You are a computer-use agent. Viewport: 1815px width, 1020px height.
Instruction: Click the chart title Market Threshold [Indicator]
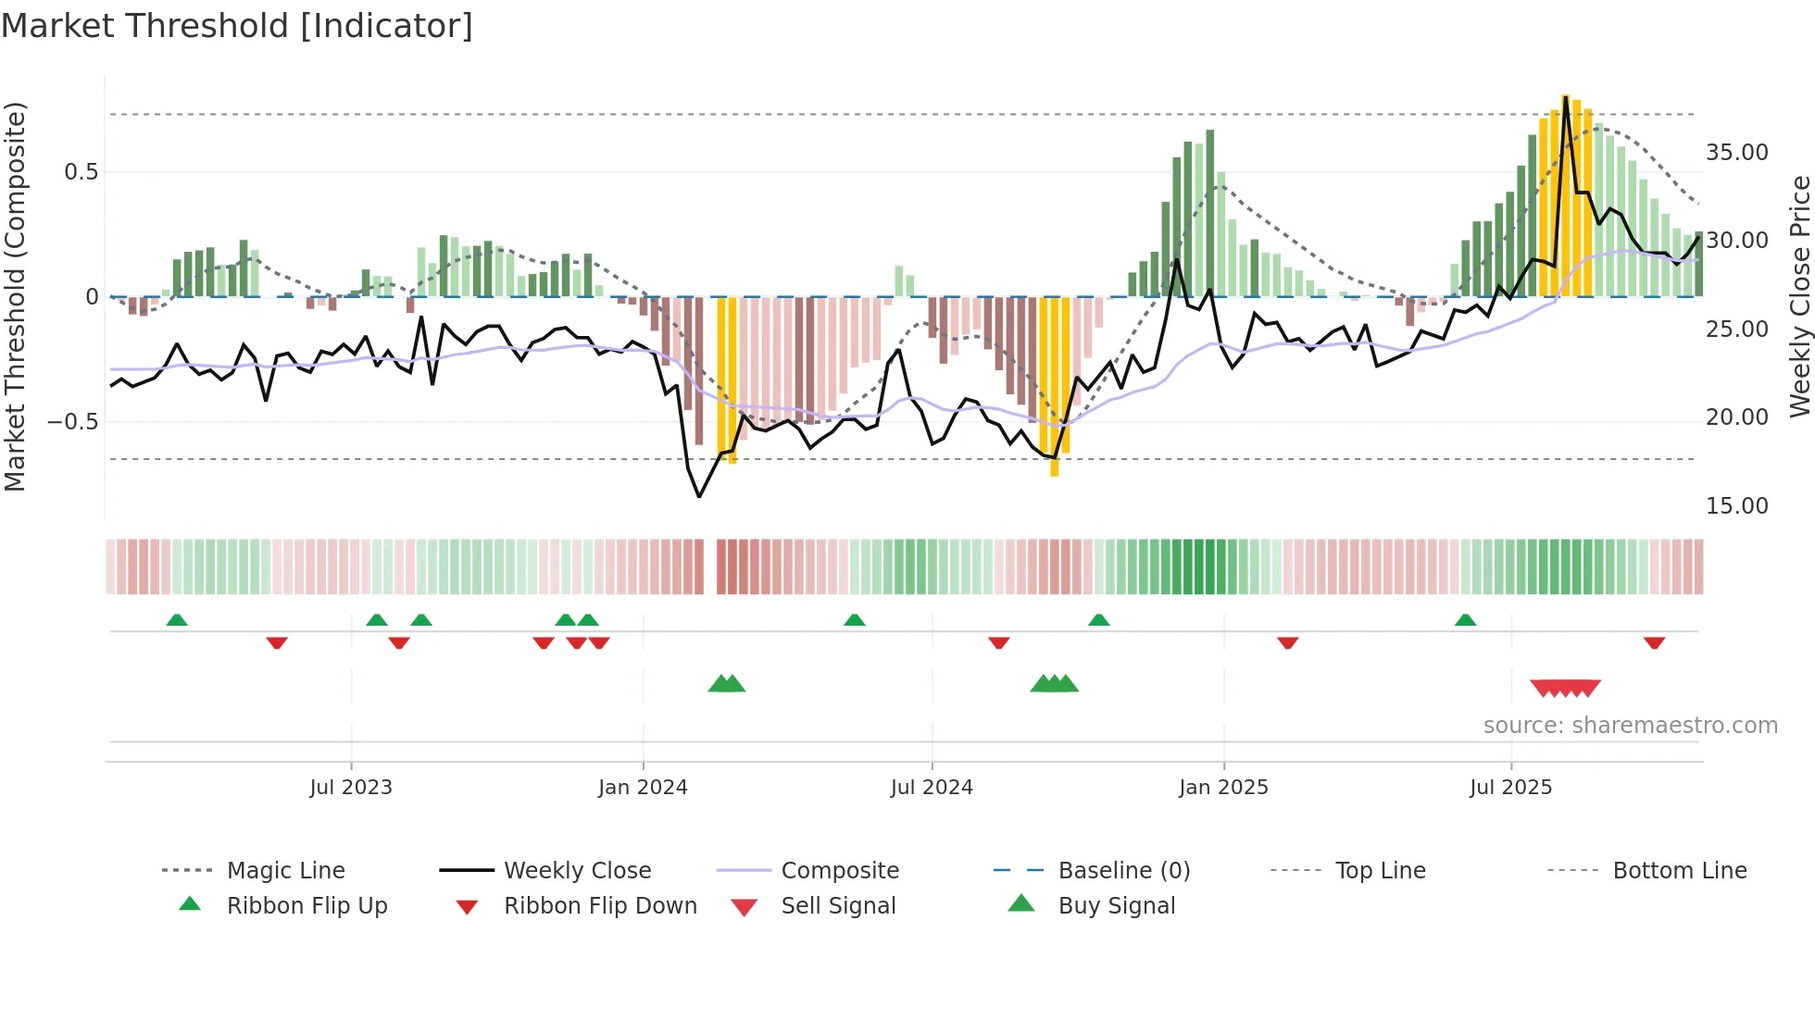(237, 26)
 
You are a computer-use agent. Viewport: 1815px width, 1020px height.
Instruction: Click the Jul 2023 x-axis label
(351, 788)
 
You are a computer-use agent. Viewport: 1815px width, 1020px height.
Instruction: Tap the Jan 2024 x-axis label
(643, 788)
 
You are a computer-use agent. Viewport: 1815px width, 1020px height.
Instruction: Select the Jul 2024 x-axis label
(932, 788)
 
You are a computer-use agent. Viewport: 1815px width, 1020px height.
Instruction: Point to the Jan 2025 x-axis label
(1223, 788)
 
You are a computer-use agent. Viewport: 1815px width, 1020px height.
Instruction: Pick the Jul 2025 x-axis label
(1510, 788)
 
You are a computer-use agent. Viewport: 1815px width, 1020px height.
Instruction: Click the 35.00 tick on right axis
(1736, 153)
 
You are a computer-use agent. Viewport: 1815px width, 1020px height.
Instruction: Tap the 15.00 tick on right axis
(1736, 506)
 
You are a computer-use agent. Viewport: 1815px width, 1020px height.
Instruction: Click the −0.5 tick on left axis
(72, 422)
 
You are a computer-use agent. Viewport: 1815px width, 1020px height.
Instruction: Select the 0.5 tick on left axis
(81, 172)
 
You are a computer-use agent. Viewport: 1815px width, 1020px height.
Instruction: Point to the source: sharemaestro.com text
(1630, 726)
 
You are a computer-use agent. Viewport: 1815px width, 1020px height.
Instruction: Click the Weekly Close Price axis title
(1799, 296)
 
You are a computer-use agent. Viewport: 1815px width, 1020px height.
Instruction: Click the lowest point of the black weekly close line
(699, 497)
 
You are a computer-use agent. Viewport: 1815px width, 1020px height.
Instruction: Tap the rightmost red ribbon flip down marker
(1654, 642)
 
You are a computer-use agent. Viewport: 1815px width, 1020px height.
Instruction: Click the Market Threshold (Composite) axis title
(15, 296)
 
